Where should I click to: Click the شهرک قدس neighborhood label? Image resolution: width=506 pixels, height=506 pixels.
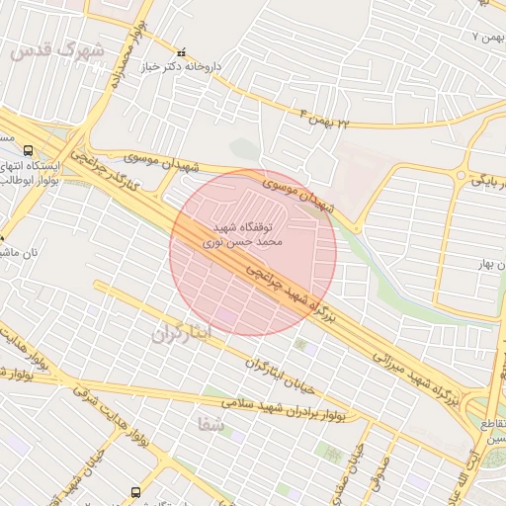pos(55,50)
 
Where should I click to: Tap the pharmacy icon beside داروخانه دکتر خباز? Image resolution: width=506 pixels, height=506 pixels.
pos(180,52)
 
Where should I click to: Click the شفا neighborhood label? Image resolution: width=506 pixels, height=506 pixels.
pos(210,425)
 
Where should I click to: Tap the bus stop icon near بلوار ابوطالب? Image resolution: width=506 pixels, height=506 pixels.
pos(4,237)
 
